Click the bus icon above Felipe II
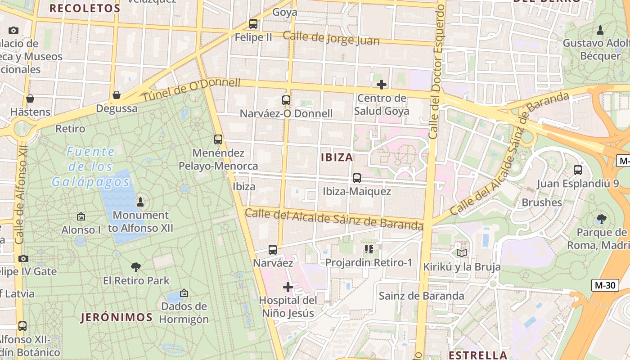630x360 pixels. point(253,24)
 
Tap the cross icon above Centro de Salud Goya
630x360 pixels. point(382,84)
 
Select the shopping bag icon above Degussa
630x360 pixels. point(117,95)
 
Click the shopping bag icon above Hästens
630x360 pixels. point(30,99)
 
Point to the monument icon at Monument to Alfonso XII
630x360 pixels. point(140,202)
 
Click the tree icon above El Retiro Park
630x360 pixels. point(136,267)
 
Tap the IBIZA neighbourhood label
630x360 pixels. point(337,157)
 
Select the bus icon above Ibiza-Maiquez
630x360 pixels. point(357,178)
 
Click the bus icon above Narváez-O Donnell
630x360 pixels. point(286,100)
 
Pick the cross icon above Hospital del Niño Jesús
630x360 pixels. point(288,287)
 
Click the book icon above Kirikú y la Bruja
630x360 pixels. point(462,253)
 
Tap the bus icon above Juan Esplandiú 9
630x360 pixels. point(578,170)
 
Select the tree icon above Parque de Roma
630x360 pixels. point(601,220)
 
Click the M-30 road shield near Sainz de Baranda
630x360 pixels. point(605,285)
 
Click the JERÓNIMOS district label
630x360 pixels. point(117,317)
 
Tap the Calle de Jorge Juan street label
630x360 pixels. point(331,38)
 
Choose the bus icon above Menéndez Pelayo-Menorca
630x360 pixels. point(218,139)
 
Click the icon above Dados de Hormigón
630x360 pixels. point(184,293)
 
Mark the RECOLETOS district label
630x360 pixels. point(85,8)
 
